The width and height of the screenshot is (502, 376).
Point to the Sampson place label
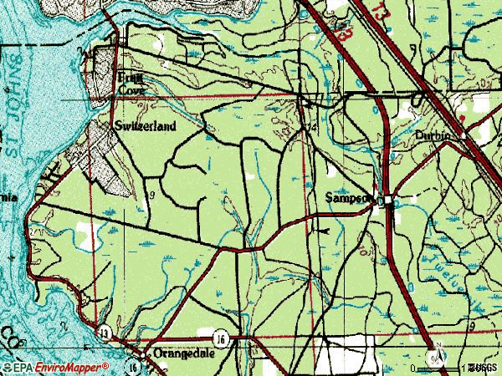[347, 198]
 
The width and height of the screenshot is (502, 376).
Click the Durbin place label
[432, 135]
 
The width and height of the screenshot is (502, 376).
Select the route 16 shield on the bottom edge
[134, 366]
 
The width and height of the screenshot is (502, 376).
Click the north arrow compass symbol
[436, 358]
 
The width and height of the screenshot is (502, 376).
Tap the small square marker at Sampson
[383, 201]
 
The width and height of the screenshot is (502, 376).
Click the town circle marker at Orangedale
[151, 353]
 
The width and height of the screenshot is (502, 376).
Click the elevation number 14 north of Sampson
[313, 127]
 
